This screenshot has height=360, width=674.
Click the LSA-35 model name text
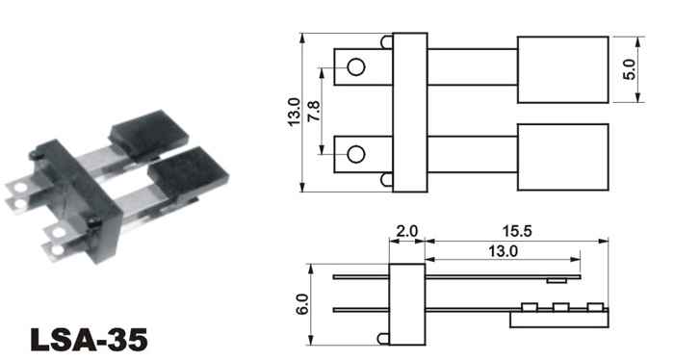(90, 340)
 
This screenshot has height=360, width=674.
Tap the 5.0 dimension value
(629, 69)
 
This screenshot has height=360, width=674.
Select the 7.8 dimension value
(314, 111)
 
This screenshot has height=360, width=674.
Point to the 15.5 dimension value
(517, 232)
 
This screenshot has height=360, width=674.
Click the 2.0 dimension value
(406, 232)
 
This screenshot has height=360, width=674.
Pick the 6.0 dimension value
(302, 304)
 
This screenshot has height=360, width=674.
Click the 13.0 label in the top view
(294, 112)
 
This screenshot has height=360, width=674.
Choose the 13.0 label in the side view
(503, 251)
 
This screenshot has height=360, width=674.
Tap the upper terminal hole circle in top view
(356, 67)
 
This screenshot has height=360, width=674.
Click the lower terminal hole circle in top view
(356, 154)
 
